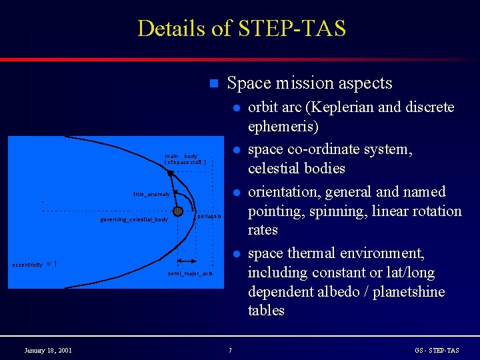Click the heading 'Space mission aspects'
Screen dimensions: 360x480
tap(309, 83)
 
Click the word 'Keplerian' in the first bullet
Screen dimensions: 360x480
tap(337, 107)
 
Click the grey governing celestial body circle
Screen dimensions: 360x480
tap(178, 211)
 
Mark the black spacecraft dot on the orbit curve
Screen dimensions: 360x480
tap(171, 173)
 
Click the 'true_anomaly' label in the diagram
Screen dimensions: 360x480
tap(151, 194)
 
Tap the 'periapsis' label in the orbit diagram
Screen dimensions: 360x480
tap(209, 217)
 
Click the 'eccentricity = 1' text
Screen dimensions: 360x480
tap(35, 264)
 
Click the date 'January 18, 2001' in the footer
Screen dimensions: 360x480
tap(48, 351)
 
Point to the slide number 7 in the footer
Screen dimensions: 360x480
tap(229, 351)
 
